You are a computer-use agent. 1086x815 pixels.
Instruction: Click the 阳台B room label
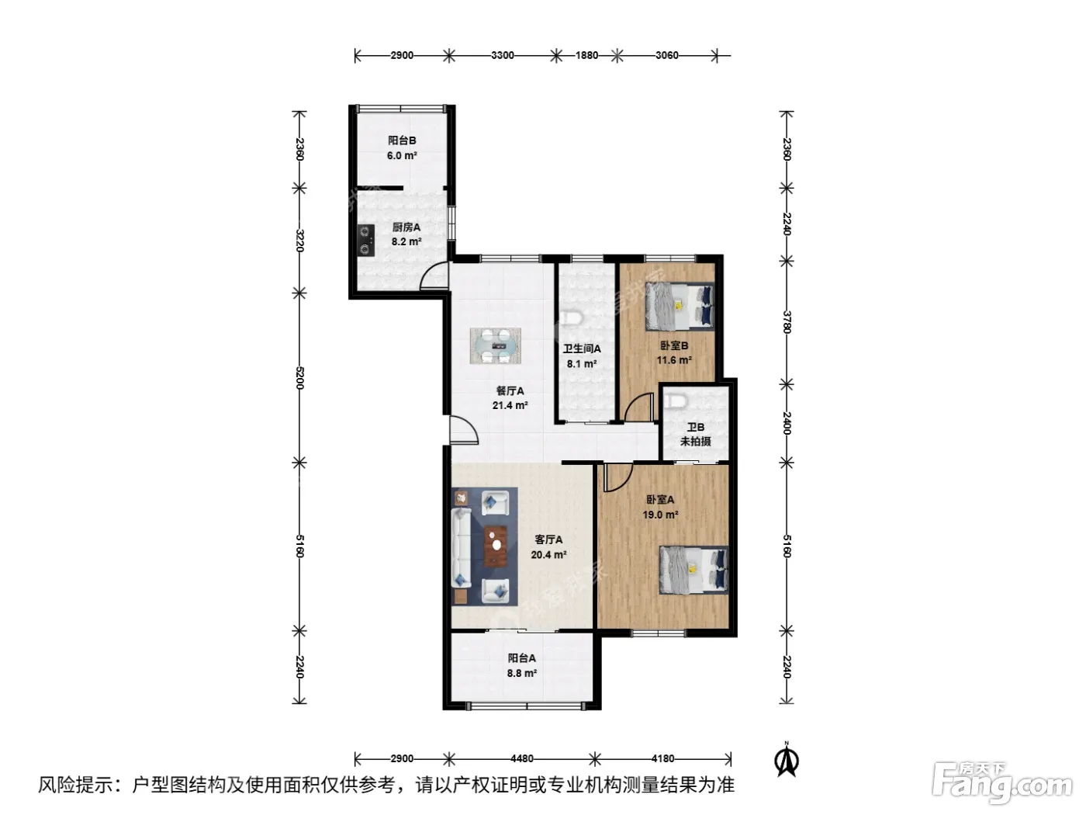(x=401, y=140)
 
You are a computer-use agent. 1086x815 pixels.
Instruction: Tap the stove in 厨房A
(x=366, y=241)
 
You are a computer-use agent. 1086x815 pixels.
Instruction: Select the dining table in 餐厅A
(x=495, y=346)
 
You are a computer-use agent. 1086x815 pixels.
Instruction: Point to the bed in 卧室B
(x=680, y=307)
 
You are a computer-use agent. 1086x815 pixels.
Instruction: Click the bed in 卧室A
(x=693, y=570)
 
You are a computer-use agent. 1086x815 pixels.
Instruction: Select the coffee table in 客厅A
(x=644, y=546)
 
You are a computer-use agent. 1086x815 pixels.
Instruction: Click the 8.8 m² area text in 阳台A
(x=521, y=673)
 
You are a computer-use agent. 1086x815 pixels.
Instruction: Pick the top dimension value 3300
(x=502, y=55)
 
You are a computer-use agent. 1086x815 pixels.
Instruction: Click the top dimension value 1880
(x=586, y=55)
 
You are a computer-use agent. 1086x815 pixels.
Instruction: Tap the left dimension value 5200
(x=299, y=377)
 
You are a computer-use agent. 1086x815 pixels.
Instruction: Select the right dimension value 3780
(x=787, y=321)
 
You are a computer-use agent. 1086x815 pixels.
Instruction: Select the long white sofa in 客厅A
(x=461, y=548)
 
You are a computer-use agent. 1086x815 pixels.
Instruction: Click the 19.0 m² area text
(x=660, y=515)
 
